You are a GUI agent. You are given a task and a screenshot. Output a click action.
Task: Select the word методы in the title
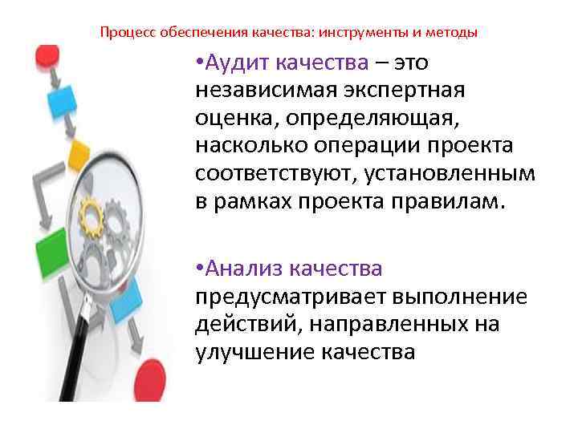point(454,34)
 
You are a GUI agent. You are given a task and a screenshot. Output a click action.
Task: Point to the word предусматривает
point(289,297)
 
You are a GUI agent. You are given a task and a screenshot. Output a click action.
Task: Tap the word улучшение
point(254,352)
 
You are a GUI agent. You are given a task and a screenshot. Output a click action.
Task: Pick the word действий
point(238,324)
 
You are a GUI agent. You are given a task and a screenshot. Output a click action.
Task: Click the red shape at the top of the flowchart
point(46,55)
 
